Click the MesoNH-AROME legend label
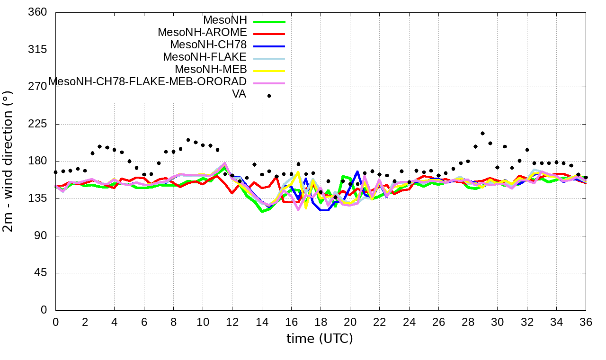click(202, 33)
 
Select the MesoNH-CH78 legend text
click(208, 45)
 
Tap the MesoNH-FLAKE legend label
click(205, 57)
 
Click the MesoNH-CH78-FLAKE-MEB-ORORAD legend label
click(148, 82)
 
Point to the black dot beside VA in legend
click(269, 96)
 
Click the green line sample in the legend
click(269, 21)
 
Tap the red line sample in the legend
click(269, 34)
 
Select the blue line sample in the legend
click(269, 46)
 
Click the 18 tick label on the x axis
click(321, 322)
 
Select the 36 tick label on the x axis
click(586, 322)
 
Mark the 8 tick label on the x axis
click(173, 322)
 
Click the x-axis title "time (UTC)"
click(320, 339)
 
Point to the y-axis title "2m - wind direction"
click(9, 161)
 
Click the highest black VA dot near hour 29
click(482, 134)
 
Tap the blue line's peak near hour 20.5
click(357, 171)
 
